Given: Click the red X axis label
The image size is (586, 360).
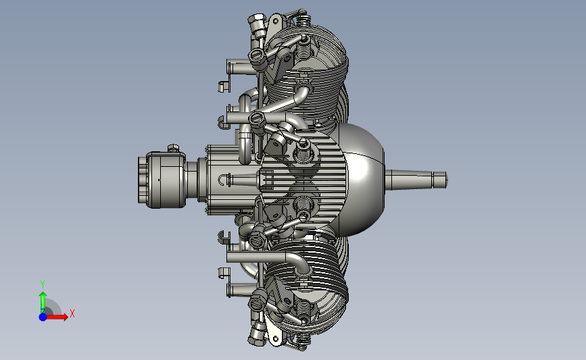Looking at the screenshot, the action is coord(72,313).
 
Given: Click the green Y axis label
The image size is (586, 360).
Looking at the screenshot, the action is coord(43,284).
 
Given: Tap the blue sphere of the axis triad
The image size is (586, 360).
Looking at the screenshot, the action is coord(43,317).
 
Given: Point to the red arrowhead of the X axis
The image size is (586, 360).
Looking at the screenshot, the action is coord(64,317).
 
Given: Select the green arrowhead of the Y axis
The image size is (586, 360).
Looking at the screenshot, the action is coord(43,296).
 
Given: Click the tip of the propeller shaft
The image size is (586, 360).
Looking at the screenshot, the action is coord(447,180).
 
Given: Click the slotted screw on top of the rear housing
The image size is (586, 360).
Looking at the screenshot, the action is coord(174,148).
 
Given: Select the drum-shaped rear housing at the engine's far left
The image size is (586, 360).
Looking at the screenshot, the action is coord(162,180).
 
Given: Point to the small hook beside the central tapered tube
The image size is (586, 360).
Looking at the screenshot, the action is coord(222,180).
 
